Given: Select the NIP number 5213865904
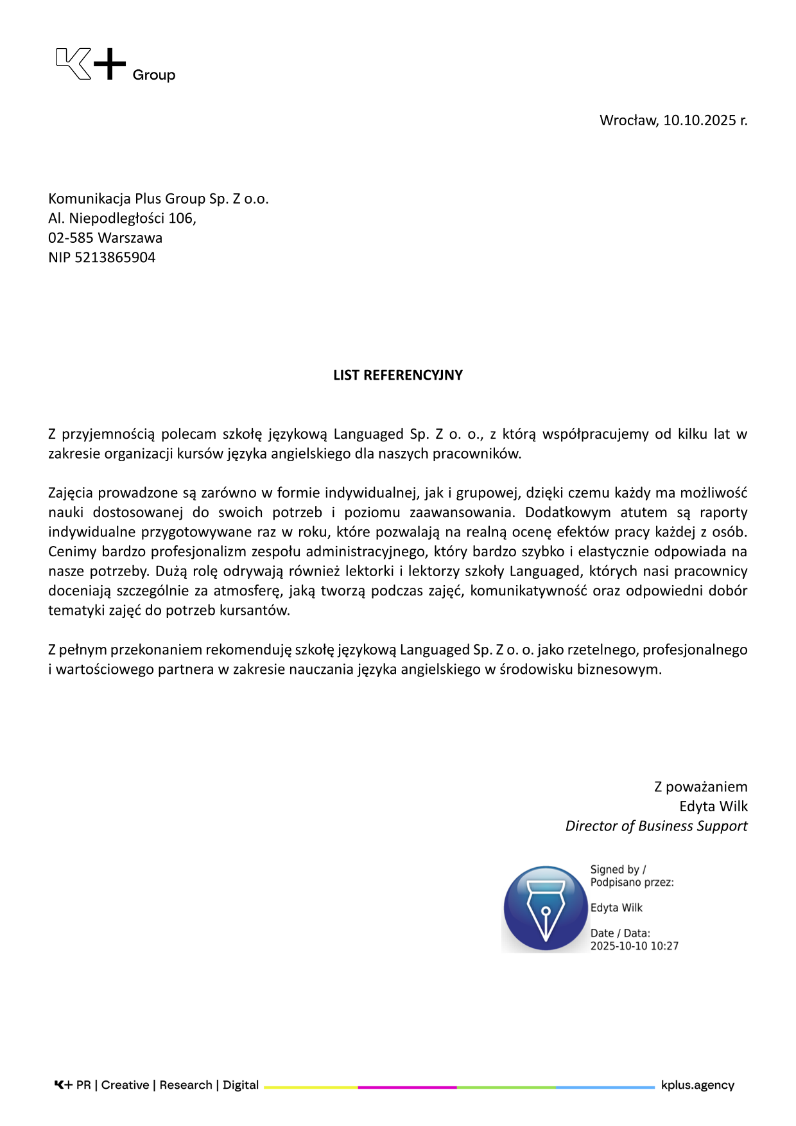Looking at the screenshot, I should coord(115,258).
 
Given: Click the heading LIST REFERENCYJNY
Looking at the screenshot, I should coord(397,375).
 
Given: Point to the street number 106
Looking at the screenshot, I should coord(182,218).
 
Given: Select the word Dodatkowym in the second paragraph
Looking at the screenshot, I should coord(567,513).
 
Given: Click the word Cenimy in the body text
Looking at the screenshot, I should coord(72,552).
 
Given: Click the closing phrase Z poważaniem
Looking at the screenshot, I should coord(700,787).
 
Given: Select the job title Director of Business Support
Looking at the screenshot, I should coord(656,826).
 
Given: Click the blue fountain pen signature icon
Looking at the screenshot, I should coord(545,908).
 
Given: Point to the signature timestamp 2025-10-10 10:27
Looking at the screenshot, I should coord(634,946).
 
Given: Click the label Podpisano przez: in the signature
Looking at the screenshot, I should coord(632,883).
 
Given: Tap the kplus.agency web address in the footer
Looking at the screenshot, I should coord(697,1085).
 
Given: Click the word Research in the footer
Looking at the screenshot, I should coord(186,1085).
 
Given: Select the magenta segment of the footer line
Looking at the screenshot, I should coord(407,1087).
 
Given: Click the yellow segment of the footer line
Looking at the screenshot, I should coord(311,1087).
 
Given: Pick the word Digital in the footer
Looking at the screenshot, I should coord(241,1085).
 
